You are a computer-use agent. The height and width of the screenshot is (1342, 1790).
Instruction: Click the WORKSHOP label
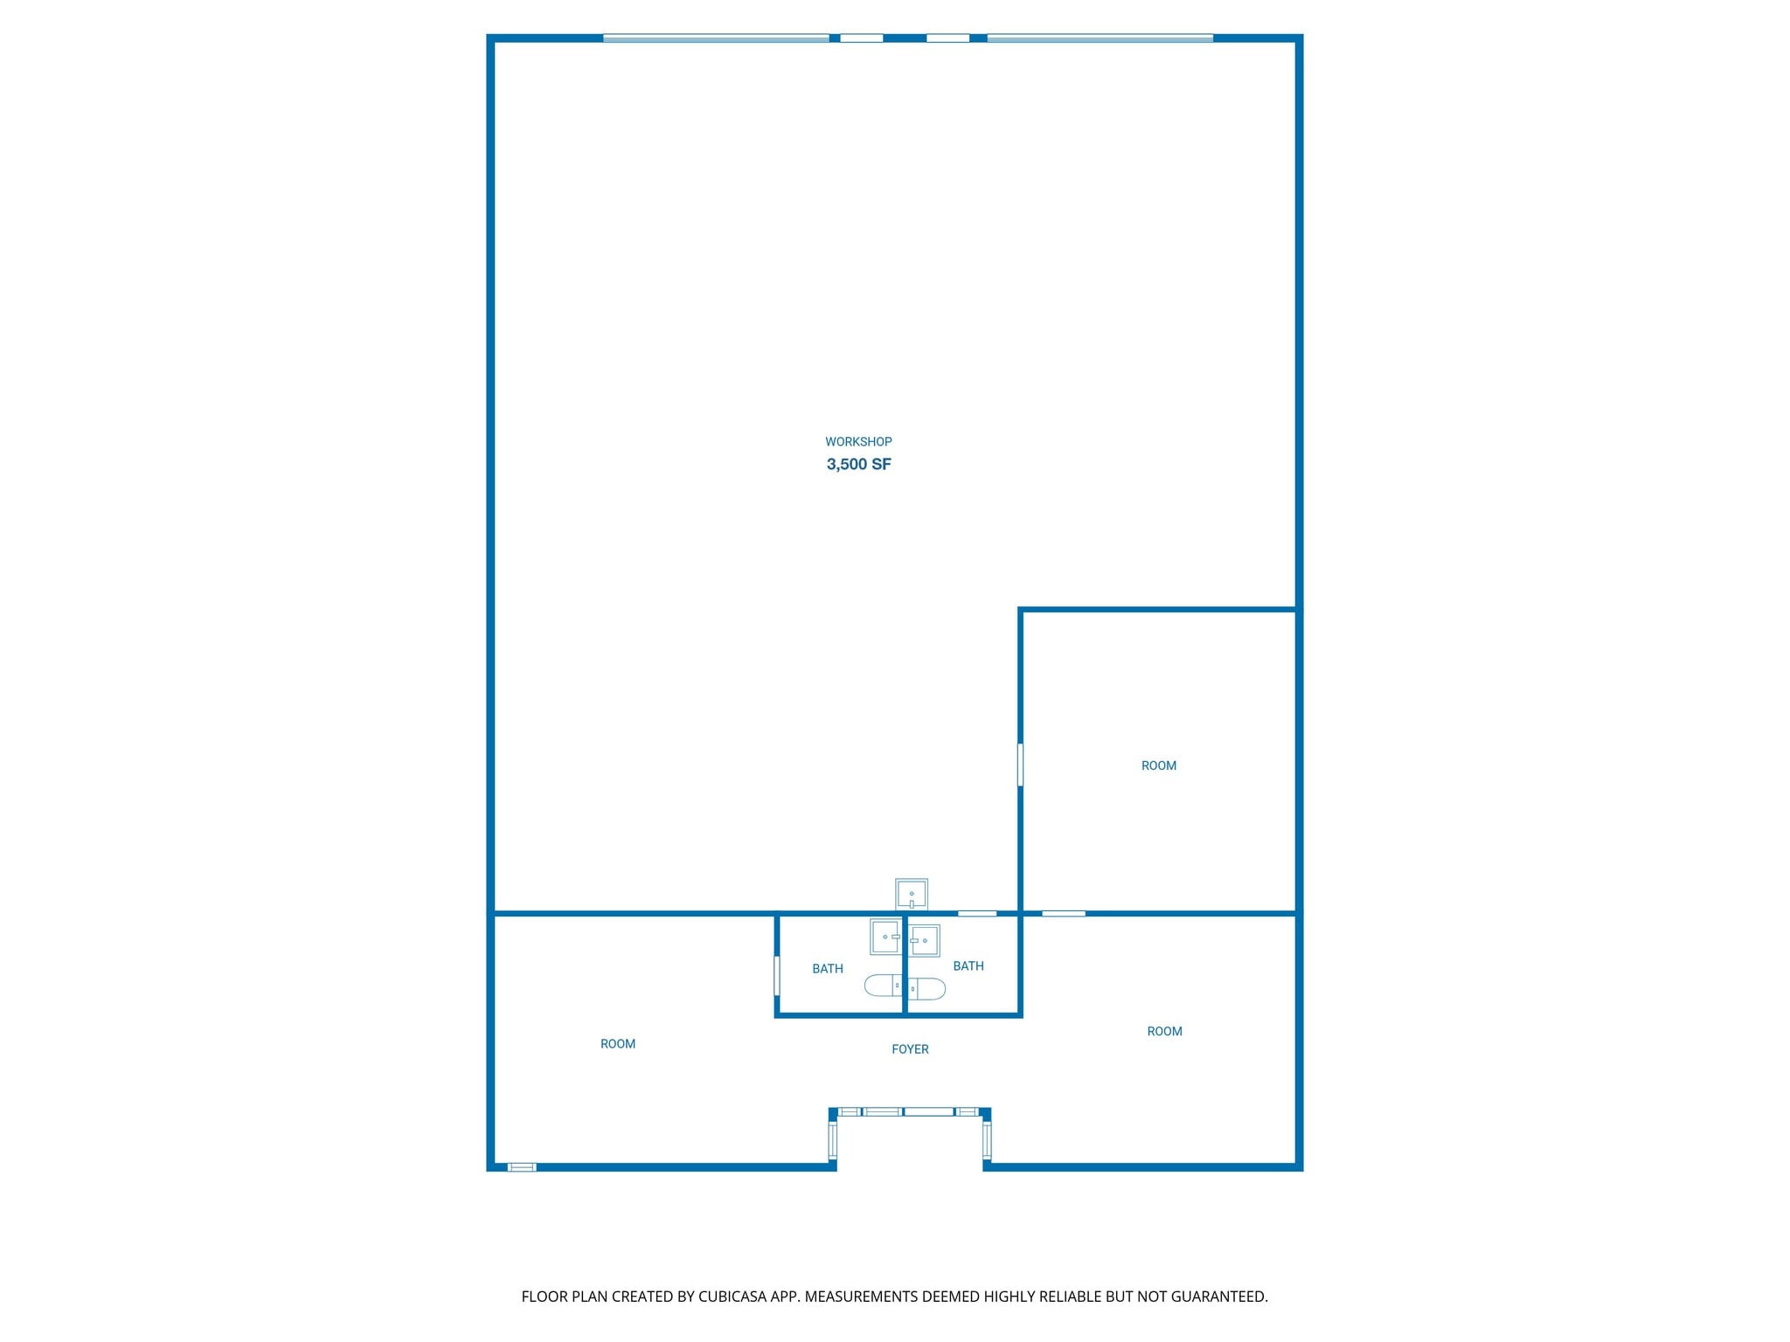pos(858,442)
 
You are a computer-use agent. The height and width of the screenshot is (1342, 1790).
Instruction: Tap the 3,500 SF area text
pos(859,464)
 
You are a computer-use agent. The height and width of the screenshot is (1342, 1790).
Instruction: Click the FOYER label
pos(910,1049)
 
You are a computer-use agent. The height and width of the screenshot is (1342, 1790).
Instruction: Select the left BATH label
pos(828,969)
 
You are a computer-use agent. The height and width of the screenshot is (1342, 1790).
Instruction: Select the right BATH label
pos(968,966)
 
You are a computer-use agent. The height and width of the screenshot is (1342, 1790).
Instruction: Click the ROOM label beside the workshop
pos(1159,766)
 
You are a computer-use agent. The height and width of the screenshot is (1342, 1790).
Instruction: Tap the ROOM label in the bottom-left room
pos(618,1044)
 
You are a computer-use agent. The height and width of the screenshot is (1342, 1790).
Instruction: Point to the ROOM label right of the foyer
pos(1164,1032)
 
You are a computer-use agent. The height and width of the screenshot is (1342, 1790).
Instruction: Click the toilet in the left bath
pos(884,986)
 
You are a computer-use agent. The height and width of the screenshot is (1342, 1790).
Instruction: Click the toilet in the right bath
pos(926,988)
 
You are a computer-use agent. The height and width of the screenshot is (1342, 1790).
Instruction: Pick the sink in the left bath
pos(885,937)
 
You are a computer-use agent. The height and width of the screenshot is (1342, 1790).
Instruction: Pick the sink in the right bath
pos(924,940)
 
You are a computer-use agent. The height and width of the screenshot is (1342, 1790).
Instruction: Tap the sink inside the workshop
pos(912,894)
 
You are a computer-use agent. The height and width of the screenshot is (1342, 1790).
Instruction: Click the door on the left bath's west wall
pos(777,976)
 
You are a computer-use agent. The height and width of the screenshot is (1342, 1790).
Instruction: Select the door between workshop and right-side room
pos(1020,764)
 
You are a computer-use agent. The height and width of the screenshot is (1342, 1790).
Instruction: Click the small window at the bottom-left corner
pos(522,1166)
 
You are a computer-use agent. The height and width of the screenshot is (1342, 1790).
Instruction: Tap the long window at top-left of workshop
pos(716,38)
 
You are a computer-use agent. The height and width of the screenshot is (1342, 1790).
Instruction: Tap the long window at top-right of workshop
pos(1100,38)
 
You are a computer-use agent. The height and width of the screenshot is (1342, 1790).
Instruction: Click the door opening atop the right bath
pos(977,914)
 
